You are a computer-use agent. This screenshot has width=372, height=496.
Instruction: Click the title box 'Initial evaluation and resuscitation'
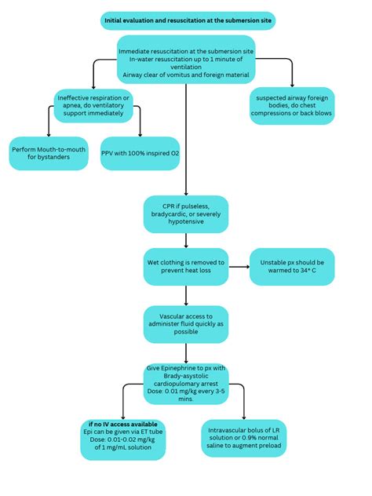pyautogui.click(x=188, y=20)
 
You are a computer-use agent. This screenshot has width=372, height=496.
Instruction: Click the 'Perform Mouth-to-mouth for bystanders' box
pyautogui.click(x=49, y=153)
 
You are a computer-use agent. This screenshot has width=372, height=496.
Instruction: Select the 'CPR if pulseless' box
pyautogui.click(x=186, y=213)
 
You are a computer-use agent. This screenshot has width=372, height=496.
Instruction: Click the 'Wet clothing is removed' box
pyautogui.click(x=186, y=267)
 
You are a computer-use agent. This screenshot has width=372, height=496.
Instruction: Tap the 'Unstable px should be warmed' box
pyautogui.click(x=292, y=267)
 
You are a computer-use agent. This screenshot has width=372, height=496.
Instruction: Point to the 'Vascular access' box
pyautogui.click(x=186, y=323)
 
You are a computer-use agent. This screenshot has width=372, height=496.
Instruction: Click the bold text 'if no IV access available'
pyautogui.click(x=123, y=423)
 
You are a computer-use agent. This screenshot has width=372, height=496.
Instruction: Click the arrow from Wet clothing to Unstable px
pyautogui.click(x=239, y=267)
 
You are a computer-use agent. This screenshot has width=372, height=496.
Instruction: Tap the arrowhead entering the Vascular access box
pyautogui.click(x=186, y=301)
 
